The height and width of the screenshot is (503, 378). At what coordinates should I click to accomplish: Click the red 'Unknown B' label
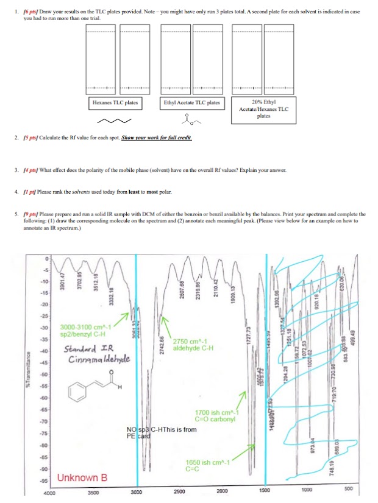(x=82, y=477)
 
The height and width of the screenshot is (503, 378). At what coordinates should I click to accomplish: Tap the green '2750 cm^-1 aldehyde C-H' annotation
(x=194, y=344)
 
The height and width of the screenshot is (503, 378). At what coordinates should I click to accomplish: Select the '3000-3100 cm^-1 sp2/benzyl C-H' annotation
(x=90, y=330)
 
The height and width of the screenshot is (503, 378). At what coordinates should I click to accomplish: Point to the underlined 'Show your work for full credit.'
(x=157, y=138)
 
